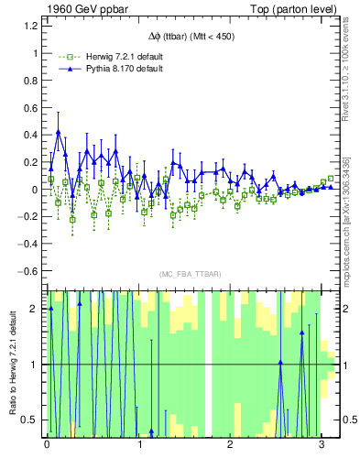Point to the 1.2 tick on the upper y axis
(x=30, y=26)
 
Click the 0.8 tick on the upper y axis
(x=30, y=80)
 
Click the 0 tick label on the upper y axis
(x=34, y=190)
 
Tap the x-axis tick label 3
(x=321, y=444)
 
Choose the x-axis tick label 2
(x=230, y=444)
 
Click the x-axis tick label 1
(x=138, y=444)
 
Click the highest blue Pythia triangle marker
(x=59, y=132)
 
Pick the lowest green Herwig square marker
(x=72, y=219)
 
